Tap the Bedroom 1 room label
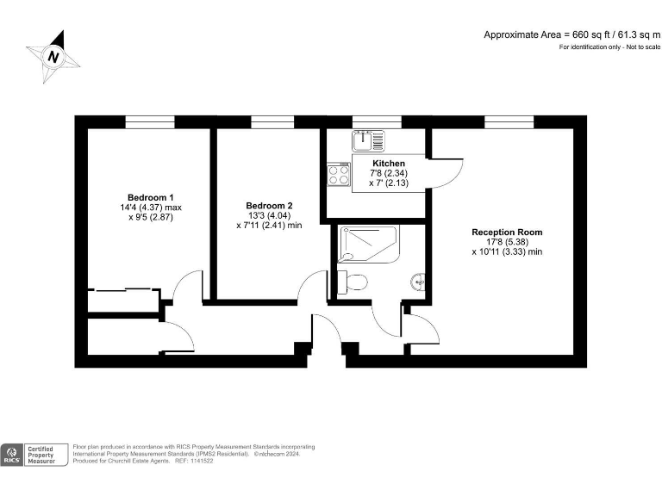pyautogui.click(x=151, y=196)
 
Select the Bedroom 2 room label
pyautogui.click(x=269, y=206)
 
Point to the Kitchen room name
pyautogui.click(x=389, y=163)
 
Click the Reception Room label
pyautogui.click(x=507, y=232)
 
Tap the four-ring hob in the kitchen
pyautogui.click(x=339, y=176)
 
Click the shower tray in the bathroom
pyautogui.click(x=369, y=244)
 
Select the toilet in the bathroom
pyautogui.click(x=352, y=282)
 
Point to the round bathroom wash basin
pyautogui.click(x=418, y=281)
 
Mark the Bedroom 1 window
pyautogui.click(x=150, y=121)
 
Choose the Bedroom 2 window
pyautogui.click(x=270, y=121)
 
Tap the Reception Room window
pyautogui.click(x=506, y=121)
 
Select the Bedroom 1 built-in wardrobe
pyautogui.click(x=123, y=301)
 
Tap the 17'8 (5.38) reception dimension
pyautogui.click(x=507, y=242)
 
